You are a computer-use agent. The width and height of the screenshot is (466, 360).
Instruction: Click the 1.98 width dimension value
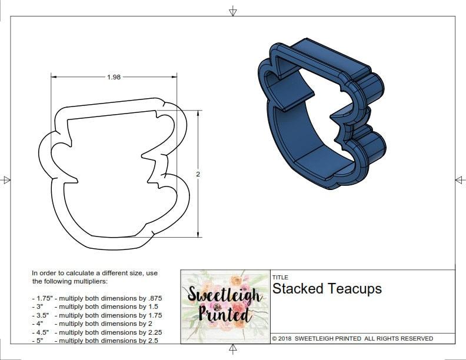pyautogui.click(x=114, y=77)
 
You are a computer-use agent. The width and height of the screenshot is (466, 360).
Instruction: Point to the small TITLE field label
pyautogui.click(x=279, y=277)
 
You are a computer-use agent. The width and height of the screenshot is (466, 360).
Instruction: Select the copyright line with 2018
pyautogui.click(x=352, y=338)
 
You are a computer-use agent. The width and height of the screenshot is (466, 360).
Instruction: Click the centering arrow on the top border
pyautogui.click(x=233, y=11)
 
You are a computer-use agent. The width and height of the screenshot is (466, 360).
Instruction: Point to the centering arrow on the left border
pyautogui.click(x=6, y=180)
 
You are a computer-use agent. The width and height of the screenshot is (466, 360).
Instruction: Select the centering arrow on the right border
pyautogui.click(x=460, y=179)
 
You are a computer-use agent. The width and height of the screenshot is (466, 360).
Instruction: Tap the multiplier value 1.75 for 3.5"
pyautogui.click(x=154, y=315)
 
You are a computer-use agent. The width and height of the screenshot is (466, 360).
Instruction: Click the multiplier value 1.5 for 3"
pyautogui.click(x=152, y=306)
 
